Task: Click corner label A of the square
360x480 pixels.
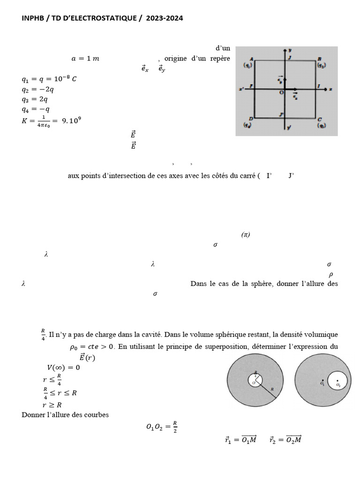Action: (252, 59)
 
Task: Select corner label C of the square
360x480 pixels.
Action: (319, 119)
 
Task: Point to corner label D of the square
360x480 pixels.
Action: (252, 119)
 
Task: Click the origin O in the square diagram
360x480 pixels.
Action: (281, 93)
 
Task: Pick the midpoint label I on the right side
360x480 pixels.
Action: (319, 87)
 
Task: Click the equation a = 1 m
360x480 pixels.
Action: (85, 59)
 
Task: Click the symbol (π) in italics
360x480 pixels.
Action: (246, 235)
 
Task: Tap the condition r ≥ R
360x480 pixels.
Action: (52, 405)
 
